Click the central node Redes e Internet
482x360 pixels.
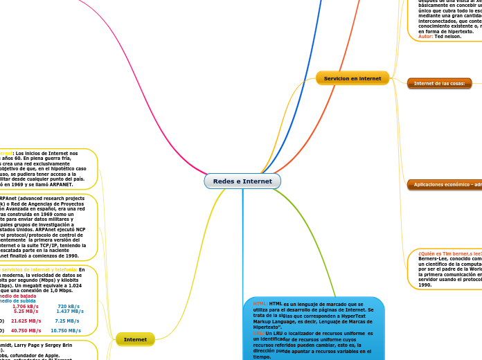point(242,181)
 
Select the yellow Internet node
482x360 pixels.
point(135,339)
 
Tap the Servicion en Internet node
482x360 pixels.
point(352,78)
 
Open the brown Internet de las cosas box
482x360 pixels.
point(439,83)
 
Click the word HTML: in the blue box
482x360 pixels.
point(260,303)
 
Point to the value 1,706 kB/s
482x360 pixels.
point(26,306)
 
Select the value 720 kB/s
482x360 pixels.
point(69,306)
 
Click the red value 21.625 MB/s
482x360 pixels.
point(26,321)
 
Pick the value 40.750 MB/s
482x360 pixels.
point(26,331)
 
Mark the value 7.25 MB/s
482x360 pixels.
point(66,321)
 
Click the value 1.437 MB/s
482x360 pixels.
point(70,312)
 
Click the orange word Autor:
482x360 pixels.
point(426,36)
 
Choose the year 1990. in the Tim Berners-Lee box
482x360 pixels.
point(426,285)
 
